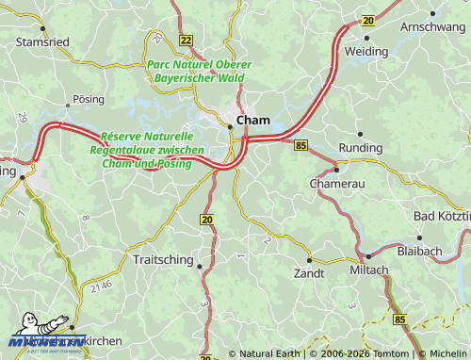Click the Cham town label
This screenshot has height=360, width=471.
pos(253,121)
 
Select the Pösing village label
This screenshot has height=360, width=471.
pos(89,98)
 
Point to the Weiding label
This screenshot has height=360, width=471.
pos(365,51)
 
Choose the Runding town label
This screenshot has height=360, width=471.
pos(361,148)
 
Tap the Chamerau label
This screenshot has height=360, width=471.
pos(337,183)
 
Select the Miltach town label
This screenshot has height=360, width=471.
pos(368,270)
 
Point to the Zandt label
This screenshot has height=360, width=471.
pos(309,272)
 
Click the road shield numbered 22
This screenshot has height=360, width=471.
pos(186,40)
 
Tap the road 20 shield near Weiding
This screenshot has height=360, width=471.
pos(367,20)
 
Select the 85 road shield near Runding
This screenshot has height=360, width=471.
pos(300,145)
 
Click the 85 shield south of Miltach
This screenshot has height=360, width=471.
pos(401,320)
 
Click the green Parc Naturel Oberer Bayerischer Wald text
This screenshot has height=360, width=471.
pos(193,71)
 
